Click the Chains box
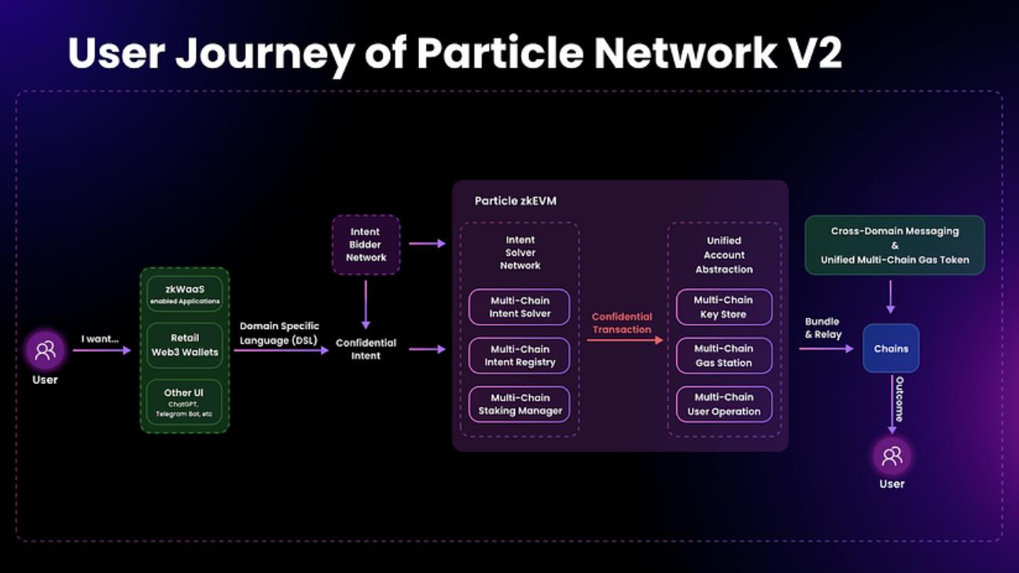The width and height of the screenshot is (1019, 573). click(891, 349)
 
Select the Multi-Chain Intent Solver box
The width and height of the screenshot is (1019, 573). click(519, 307)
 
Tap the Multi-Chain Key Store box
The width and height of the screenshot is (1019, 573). click(724, 307)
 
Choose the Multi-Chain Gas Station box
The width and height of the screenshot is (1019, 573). click(724, 356)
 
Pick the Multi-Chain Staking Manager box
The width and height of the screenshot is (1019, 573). click(519, 405)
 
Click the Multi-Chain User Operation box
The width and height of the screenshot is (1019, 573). click(724, 405)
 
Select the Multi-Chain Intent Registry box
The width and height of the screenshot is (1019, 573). click(519, 356)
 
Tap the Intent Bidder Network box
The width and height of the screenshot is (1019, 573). click(366, 245)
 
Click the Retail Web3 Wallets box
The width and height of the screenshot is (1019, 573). click(185, 346)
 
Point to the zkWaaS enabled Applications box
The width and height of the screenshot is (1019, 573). click(185, 294)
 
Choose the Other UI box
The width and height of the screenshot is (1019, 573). click(184, 402)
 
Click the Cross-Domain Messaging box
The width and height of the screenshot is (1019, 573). click(895, 245)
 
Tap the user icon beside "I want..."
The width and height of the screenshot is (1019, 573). click(45, 350)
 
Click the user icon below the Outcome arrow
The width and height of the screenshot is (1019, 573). click(892, 456)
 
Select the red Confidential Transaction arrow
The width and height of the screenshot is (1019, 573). click(625, 340)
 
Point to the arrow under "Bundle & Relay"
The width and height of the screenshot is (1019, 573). click(826, 349)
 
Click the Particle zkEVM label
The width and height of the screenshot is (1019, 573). click(516, 201)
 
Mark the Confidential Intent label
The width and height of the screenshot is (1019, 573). click(366, 349)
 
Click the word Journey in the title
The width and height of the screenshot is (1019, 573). click(265, 54)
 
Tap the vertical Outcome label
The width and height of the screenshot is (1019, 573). click(899, 399)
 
